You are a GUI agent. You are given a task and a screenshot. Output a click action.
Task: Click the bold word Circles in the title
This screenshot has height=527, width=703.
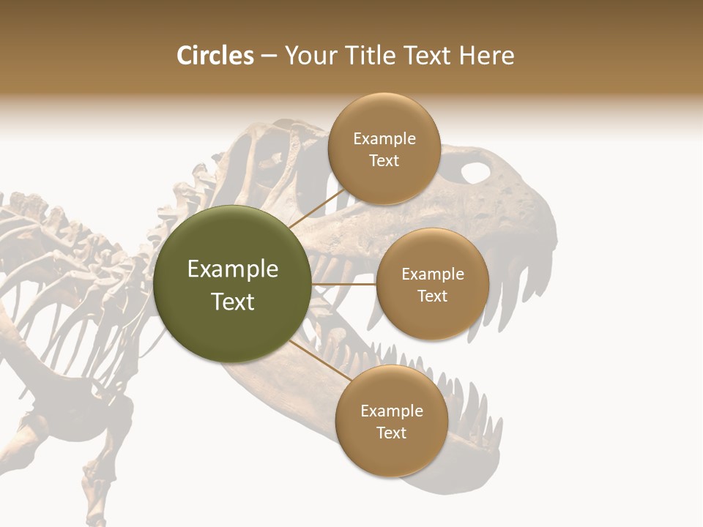215,56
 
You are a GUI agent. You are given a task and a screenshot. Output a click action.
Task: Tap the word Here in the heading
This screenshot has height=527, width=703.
486,56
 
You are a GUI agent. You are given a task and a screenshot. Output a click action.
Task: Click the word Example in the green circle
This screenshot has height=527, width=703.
232,269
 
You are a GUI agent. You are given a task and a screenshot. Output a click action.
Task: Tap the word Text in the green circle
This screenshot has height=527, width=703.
232,302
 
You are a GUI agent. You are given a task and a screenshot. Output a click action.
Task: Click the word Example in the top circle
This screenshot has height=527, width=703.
384,139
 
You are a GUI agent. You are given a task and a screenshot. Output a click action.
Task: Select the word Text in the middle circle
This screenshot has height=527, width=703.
432,296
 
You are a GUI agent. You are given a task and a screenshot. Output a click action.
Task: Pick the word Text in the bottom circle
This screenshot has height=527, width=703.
391,433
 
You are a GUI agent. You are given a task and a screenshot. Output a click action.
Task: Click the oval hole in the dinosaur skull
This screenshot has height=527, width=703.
475,173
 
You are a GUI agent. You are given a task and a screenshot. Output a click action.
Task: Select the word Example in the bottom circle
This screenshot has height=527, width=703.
391,411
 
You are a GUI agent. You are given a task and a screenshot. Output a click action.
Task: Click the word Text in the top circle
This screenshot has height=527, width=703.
384,161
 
